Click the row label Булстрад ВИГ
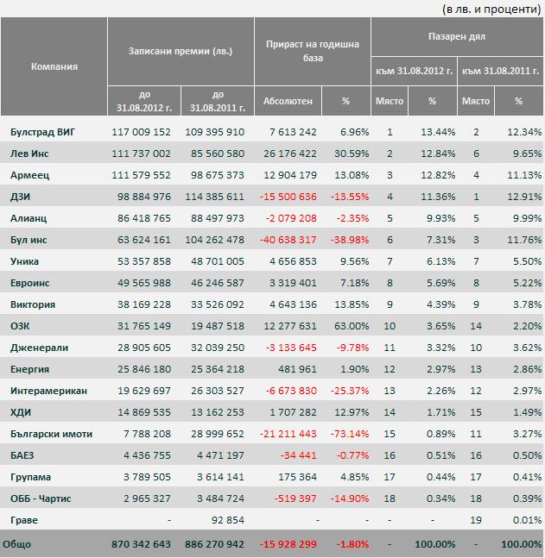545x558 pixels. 42,132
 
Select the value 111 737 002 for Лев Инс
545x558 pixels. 141,154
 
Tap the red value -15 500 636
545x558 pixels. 288,197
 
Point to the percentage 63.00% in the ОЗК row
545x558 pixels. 352,326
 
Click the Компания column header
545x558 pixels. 54,66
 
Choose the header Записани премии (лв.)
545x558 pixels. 181,51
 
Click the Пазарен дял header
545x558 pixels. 457,36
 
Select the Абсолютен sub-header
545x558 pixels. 288,101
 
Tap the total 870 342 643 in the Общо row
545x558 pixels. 141,544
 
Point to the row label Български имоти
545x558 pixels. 51,434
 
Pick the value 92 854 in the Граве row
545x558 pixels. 228,520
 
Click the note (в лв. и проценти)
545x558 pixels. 491,9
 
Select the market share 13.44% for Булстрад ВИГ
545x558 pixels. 438,132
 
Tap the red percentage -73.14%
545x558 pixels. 350,434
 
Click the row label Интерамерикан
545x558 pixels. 48,391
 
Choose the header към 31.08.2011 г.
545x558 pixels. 500,71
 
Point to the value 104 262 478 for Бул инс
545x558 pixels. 214,240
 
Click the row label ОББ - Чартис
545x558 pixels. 41,498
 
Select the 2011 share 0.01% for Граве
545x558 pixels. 527,520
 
